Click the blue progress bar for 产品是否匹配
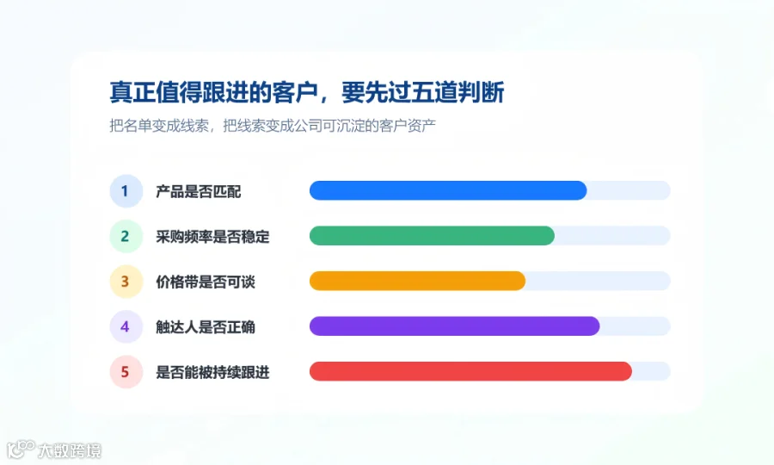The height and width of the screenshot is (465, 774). pyautogui.click(x=448, y=191)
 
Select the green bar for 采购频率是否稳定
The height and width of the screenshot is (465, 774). pyautogui.click(x=432, y=236)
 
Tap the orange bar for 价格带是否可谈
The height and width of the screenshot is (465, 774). pyautogui.click(x=418, y=282)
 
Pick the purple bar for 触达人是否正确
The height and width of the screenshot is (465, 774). pyautogui.click(x=455, y=326)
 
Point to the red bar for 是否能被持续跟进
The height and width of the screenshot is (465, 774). pyautogui.click(x=470, y=371)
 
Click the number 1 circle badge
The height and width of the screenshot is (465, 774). pyautogui.click(x=126, y=191)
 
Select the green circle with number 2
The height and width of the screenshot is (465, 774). pyautogui.click(x=126, y=236)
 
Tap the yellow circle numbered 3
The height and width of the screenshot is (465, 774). pyautogui.click(x=126, y=282)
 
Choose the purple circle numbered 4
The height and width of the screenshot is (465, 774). pyautogui.click(x=126, y=326)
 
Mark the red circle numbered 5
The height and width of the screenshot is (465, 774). pyautogui.click(x=126, y=372)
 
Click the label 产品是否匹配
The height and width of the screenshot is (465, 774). pyautogui.click(x=199, y=191)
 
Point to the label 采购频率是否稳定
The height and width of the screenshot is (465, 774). pyautogui.click(x=212, y=237)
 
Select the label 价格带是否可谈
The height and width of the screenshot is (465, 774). pyautogui.click(x=206, y=282)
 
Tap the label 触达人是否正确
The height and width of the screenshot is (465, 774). pyautogui.click(x=206, y=327)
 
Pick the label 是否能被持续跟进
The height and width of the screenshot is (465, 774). pyautogui.click(x=212, y=372)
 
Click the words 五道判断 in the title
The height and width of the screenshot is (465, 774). pyautogui.click(x=458, y=92)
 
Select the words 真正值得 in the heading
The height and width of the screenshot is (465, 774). pyautogui.click(x=155, y=92)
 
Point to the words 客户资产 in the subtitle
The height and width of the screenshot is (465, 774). pyautogui.click(x=408, y=126)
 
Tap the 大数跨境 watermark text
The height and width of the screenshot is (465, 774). pyautogui.click(x=70, y=450)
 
